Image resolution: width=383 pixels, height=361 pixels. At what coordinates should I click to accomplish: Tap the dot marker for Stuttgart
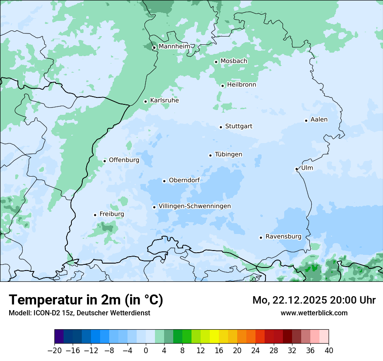pyautogui.click(x=221, y=127)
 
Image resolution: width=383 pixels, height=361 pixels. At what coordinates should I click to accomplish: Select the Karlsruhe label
pyautogui.click(x=165, y=100)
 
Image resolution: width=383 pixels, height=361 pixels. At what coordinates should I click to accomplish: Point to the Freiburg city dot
pyautogui.click(x=95, y=215)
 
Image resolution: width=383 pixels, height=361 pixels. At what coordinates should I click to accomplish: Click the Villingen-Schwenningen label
pyautogui.click(x=195, y=206)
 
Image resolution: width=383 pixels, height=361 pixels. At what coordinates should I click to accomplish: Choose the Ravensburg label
pyautogui.click(x=283, y=237)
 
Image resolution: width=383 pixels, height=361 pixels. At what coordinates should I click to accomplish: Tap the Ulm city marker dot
pyautogui.click(x=296, y=169)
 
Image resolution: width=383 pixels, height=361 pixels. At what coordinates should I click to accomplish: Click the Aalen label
pyautogui.click(x=319, y=120)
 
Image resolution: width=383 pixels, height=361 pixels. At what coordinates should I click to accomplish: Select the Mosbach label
pyautogui.click(x=234, y=61)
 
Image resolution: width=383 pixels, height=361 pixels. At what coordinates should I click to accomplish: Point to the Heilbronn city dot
pyautogui.click(x=222, y=86)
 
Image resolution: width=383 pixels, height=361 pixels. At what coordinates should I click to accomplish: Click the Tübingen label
pyautogui.click(x=228, y=154)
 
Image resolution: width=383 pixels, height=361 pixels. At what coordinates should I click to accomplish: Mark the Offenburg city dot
pyautogui.click(x=104, y=161)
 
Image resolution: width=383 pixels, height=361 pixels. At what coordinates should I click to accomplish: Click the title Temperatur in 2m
pyautogui.click(x=86, y=300)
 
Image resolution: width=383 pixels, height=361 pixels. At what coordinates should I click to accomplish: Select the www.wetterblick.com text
pyautogui.click(x=314, y=313)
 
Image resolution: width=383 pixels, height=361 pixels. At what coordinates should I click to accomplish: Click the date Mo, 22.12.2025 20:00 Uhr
pyautogui.click(x=314, y=300)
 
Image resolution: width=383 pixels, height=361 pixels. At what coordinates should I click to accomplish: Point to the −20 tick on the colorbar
pyautogui.click(x=54, y=351)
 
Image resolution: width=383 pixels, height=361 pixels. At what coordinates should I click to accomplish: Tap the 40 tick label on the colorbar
pyautogui.click(x=329, y=351)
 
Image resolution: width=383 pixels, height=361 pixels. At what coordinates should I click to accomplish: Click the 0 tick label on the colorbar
pyautogui.click(x=146, y=351)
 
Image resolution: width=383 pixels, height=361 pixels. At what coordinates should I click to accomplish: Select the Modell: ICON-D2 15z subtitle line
pyautogui.click(x=79, y=313)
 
